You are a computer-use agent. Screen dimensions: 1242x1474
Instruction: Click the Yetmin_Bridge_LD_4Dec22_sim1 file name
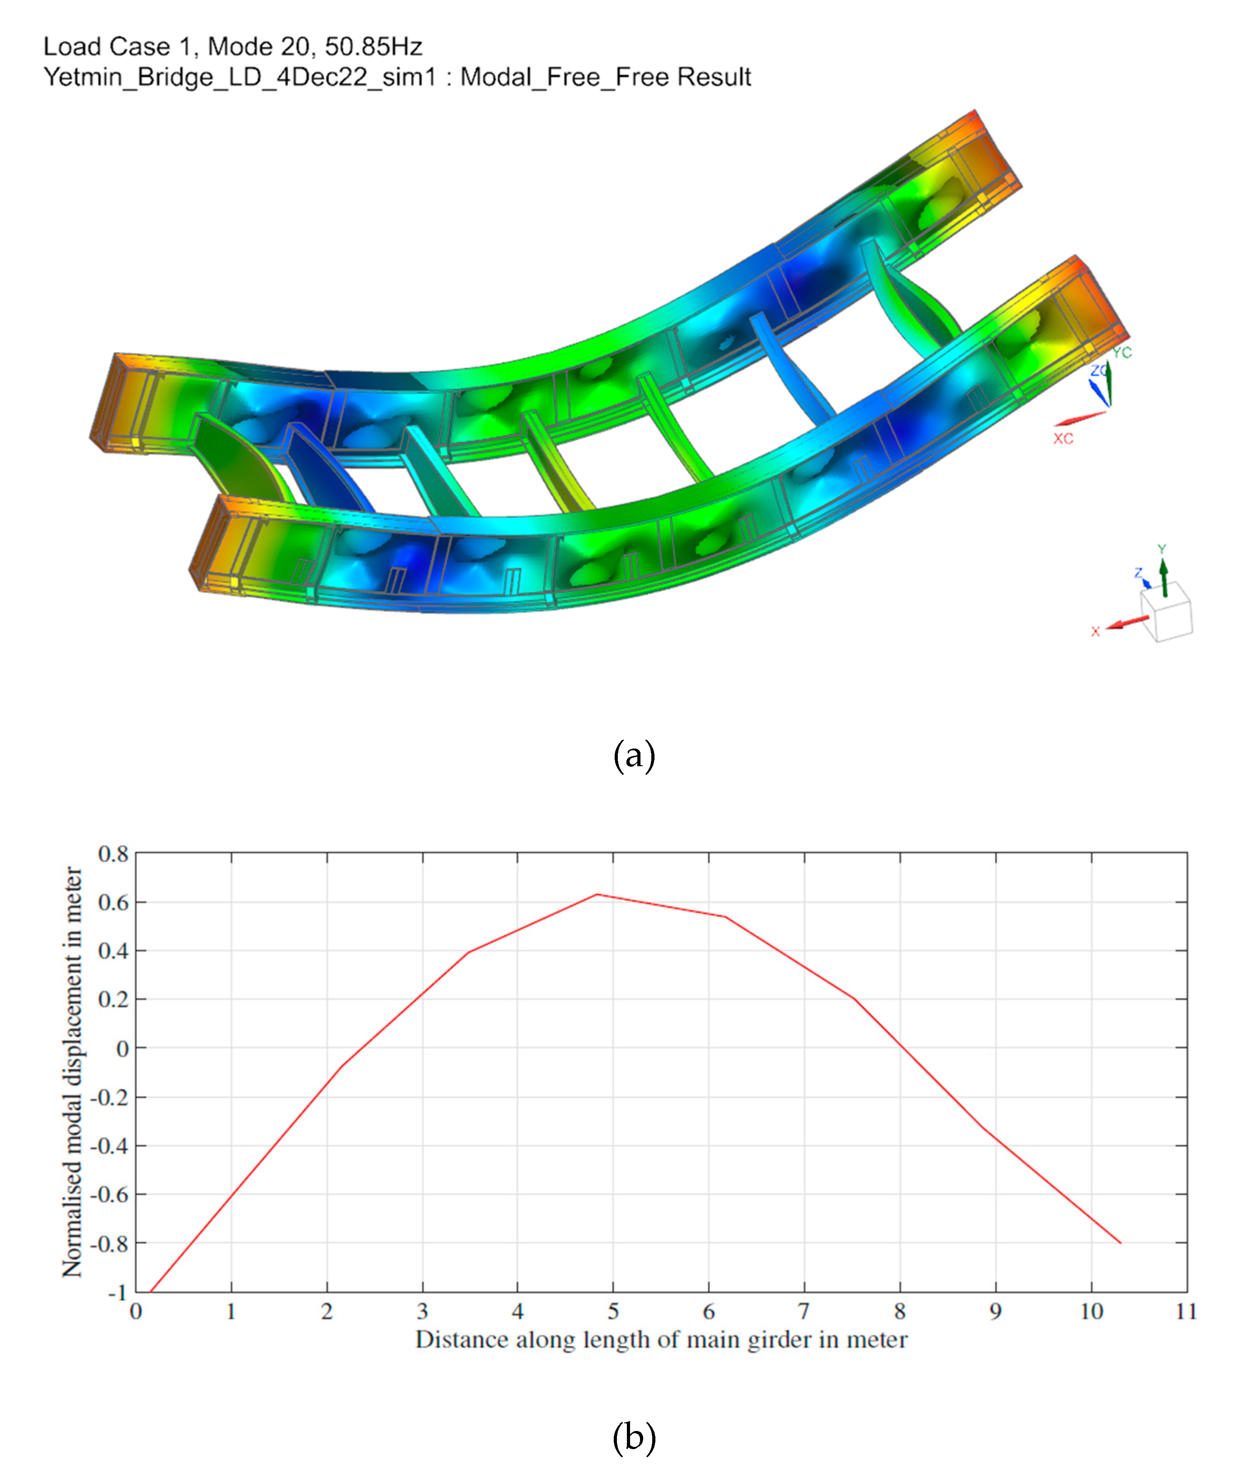point(239,77)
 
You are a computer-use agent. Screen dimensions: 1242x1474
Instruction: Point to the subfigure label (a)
point(634,756)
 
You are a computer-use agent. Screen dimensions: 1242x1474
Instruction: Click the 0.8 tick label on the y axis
point(113,854)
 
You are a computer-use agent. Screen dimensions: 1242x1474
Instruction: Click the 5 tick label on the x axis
point(613,1312)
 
